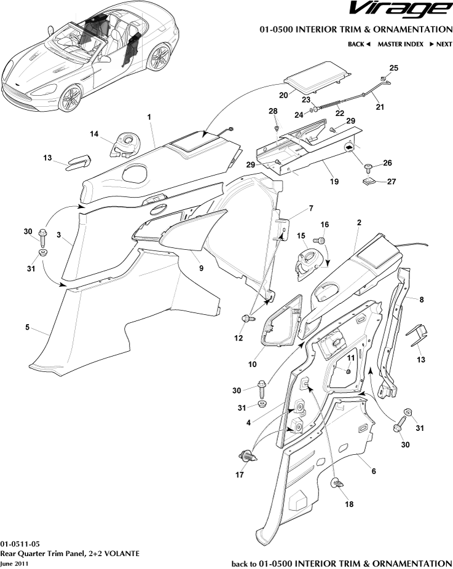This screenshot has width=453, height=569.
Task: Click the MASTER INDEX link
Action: click(x=400, y=44)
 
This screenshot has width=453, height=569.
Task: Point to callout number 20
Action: click(x=283, y=95)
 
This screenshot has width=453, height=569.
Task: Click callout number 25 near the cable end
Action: click(x=394, y=68)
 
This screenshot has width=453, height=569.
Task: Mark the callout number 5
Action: click(x=28, y=328)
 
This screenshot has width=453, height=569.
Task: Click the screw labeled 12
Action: click(x=248, y=319)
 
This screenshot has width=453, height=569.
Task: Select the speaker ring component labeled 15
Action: click(x=307, y=261)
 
